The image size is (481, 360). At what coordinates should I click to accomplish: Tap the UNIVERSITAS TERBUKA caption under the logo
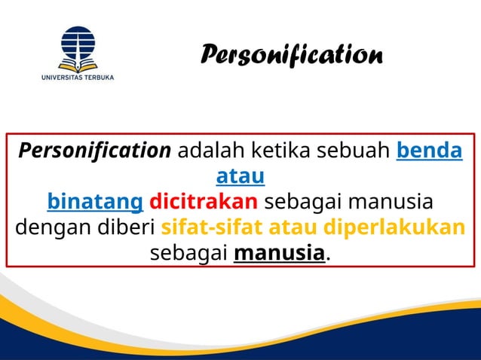(78, 77)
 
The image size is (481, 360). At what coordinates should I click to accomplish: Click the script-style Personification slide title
(292, 55)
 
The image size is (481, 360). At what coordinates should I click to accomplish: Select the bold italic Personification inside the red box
(95, 151)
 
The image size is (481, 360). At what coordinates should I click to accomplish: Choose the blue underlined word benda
(429, 151)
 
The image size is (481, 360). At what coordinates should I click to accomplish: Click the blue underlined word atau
(240, 177)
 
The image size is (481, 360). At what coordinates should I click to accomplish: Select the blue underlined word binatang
(95, 203)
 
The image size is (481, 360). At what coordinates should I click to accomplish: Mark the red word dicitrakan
(204, 203)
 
